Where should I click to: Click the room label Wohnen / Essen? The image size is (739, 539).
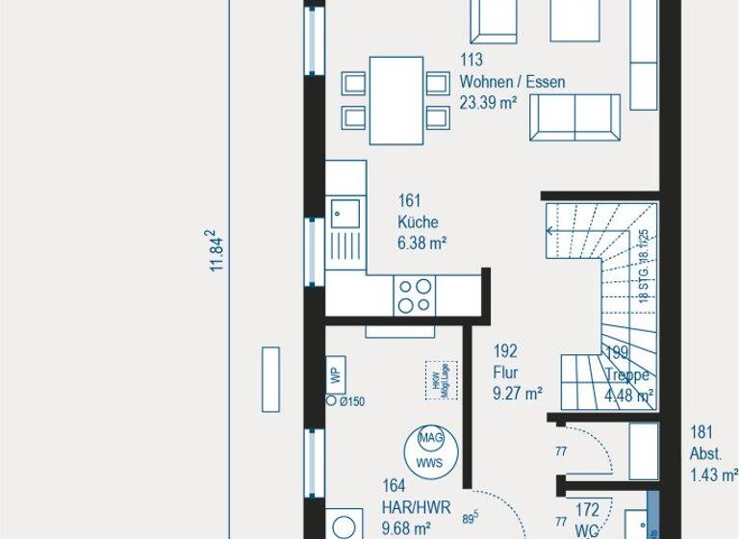pos(512,82)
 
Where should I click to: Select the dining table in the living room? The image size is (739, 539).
pos(396,100)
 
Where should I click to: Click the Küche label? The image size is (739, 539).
pos(418,222)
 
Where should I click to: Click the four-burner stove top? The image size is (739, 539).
pos(416,295)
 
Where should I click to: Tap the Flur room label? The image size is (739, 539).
pos(506,372)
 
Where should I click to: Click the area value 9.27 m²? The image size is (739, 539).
pos(518,393)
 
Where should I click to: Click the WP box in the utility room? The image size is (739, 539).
pos(336,374)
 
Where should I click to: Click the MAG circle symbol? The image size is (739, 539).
pos(429,438)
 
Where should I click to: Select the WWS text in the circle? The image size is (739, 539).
pos(429,462)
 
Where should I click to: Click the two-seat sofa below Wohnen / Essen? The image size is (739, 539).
pos(573,117)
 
